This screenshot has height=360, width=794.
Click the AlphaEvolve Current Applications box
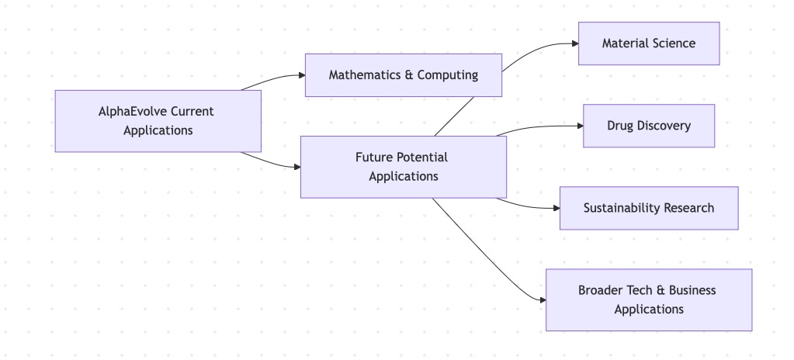click(158, 120)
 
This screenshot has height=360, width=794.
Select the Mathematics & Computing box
click(403, 75)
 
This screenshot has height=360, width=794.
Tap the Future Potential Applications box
click(403, 167)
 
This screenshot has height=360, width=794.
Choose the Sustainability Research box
click(648, 208)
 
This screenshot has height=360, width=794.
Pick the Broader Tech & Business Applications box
click(648, 299)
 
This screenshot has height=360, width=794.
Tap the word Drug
click(620, 126)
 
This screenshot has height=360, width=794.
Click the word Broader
click(601, 290)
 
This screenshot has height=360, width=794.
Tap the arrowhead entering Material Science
click(574, 43)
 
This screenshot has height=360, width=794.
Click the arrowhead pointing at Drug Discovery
click(579, 126)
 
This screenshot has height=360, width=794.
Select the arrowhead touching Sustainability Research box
click(555, 208)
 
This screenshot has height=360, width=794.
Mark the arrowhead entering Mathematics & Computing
click(301, 75)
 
